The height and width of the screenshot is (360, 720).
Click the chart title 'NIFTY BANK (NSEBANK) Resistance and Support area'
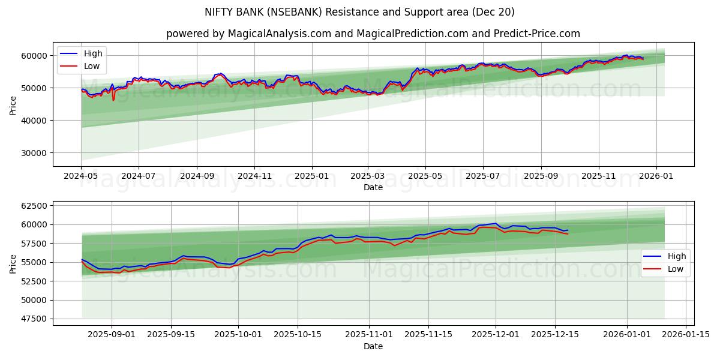click(360, 12)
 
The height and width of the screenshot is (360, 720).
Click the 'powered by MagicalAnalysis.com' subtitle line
click(373, 34)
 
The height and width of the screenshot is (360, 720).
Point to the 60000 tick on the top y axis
click(34, 56)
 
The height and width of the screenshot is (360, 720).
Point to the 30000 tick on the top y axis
click(34, 153)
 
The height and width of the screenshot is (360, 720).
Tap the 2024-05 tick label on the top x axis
click(81, 176)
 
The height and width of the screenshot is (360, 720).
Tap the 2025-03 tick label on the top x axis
click(367, 176)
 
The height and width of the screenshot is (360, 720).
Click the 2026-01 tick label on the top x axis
click(656, 176)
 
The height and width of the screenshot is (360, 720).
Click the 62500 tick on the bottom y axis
click(34, 206)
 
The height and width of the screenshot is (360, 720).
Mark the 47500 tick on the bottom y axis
click(34, 319)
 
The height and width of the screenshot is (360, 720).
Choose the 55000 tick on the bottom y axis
click(34, 262)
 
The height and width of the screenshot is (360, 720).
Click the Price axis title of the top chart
click(13, 105)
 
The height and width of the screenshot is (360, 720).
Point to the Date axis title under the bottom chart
click(373, 346)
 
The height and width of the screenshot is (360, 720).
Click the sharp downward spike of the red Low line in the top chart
click(113, 99)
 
